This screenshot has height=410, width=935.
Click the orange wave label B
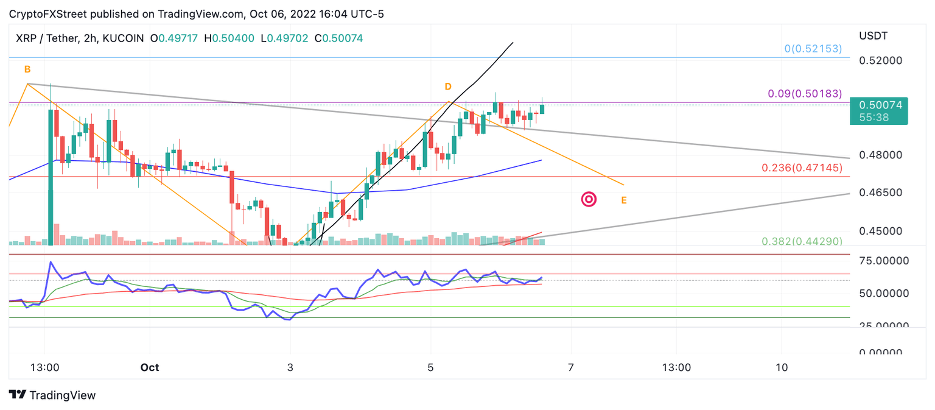point(27,69)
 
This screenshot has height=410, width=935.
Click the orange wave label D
point(448,87)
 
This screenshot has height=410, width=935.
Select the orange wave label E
point(623,200)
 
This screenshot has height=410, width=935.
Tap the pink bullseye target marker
point(589,199)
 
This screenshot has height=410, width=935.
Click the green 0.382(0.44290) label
point(802,241)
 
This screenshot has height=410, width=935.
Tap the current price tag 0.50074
point(881,105)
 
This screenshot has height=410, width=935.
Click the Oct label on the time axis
point(149,367)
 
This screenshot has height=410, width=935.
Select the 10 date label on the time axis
point(782,367)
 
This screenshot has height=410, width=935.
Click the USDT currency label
point(872,36)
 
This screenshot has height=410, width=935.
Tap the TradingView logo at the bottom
point(53,395)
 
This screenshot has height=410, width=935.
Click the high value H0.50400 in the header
point(229,38)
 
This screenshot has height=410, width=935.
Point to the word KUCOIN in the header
point(123,38)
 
